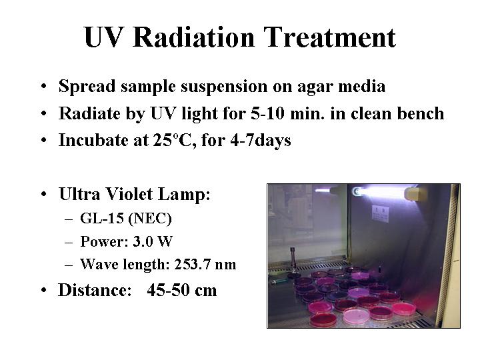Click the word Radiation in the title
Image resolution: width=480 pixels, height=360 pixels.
193,37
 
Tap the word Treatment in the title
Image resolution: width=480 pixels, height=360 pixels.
330,37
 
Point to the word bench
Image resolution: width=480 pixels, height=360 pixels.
421,113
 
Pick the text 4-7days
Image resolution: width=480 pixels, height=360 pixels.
261,141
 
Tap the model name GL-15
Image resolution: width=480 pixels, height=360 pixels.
102,218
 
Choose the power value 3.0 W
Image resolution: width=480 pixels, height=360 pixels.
153,241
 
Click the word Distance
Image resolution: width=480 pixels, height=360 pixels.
95,289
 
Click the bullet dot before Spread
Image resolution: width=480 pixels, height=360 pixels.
44,86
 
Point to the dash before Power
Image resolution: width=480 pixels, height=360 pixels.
69,242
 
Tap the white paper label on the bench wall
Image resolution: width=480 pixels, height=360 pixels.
381,214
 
